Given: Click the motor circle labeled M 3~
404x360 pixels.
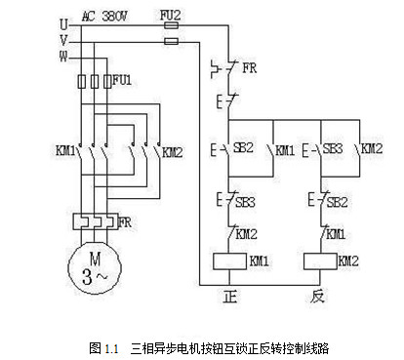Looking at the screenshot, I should (93, 262).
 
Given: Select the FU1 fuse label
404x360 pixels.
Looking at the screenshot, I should (121, 78).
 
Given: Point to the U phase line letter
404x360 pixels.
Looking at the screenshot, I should (63, 20).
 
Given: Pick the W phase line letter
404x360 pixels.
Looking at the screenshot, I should (63, 55).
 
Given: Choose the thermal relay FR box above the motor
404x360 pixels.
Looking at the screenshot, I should (92, 221).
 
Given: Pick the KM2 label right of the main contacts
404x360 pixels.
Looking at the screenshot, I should (172, 152).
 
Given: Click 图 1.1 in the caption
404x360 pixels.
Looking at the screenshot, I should (103, 345).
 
